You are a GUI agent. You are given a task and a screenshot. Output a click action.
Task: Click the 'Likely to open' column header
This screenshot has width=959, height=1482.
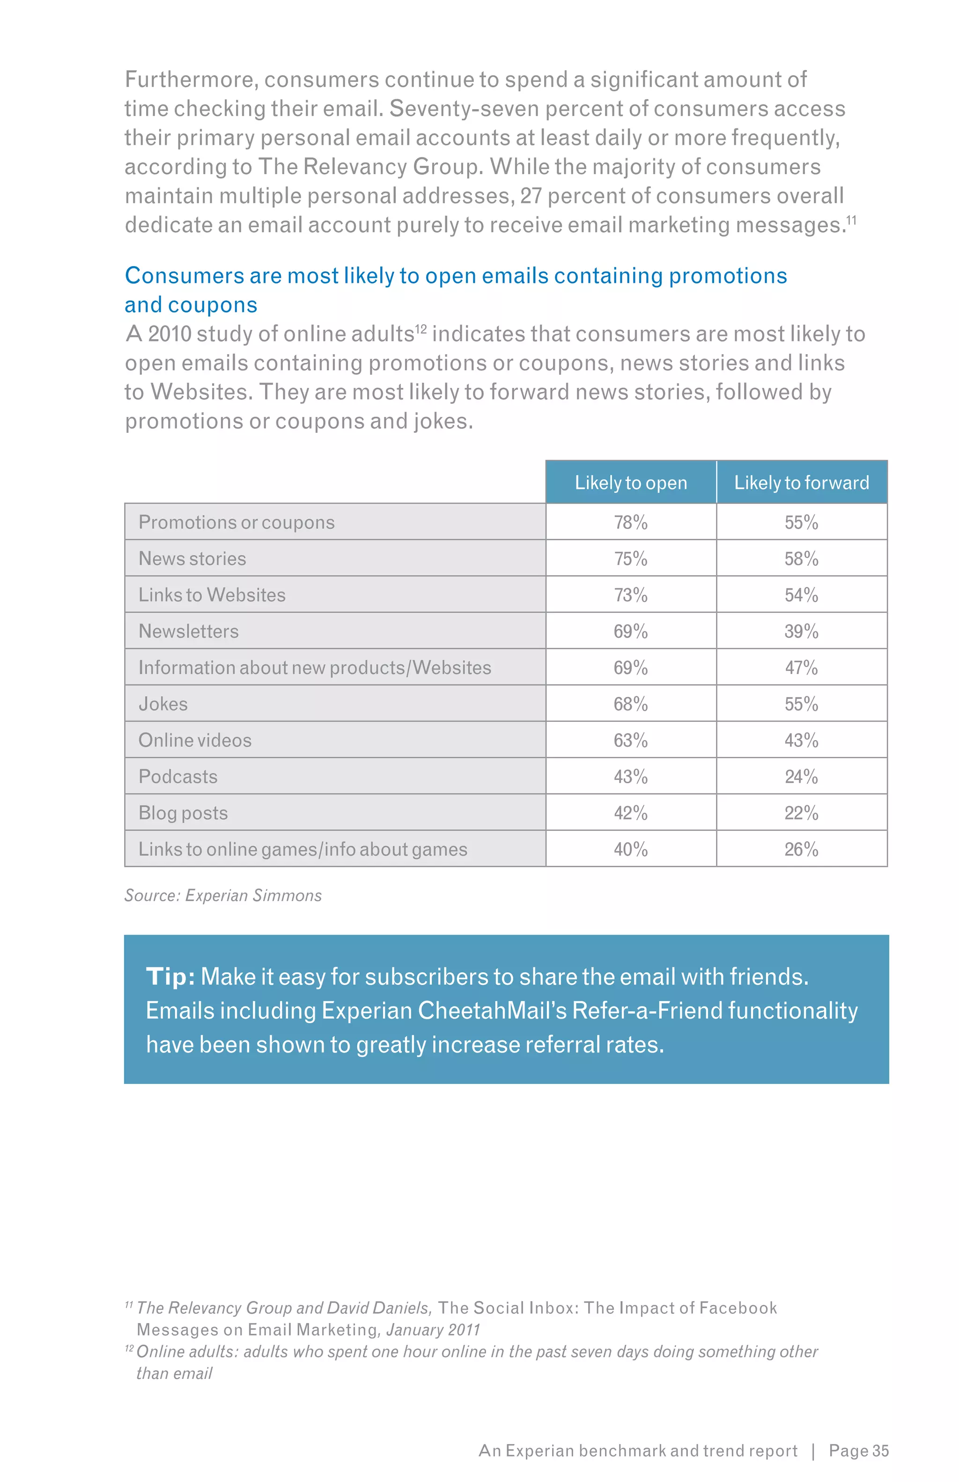(x=630, y=482)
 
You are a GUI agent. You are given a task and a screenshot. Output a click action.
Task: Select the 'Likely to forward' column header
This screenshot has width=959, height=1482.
(x=801, y=482)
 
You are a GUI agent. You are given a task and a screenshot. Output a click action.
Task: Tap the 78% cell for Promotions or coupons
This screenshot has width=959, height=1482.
(x=630, y=522)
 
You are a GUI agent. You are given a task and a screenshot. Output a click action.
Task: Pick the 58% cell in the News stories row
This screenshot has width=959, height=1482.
(x=801, y=558)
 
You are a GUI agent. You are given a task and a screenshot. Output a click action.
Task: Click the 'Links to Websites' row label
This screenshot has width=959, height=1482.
(x=212, y=595)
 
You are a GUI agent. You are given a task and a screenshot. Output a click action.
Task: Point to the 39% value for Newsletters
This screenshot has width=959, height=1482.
(x=801, y=631)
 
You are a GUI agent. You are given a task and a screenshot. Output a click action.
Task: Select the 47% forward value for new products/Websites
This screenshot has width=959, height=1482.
(x=801, y=667)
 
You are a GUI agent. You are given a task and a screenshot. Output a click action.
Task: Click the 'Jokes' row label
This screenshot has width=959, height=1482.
(x=163, y=704)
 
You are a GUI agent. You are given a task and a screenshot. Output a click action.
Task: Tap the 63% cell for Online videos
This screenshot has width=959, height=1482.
(x=630, y=741)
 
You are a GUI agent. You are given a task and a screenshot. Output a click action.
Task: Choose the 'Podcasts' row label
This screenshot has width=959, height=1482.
(x=178, y=777)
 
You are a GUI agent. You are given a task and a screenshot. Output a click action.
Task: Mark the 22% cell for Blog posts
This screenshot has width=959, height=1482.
(x=801, y=813)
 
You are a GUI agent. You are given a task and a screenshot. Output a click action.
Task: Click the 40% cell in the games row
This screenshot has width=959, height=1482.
(x=630, y=849)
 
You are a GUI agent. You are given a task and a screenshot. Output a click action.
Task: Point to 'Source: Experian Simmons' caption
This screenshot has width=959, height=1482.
(x=223, y=896)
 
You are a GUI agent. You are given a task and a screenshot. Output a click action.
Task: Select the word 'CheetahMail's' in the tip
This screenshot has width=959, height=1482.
(x=492, y=1011)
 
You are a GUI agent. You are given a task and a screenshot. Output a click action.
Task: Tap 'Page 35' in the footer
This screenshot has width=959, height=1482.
(x=858, y=1451)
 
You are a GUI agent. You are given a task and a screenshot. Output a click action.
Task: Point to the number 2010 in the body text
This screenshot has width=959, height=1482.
(x=169, y=334)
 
